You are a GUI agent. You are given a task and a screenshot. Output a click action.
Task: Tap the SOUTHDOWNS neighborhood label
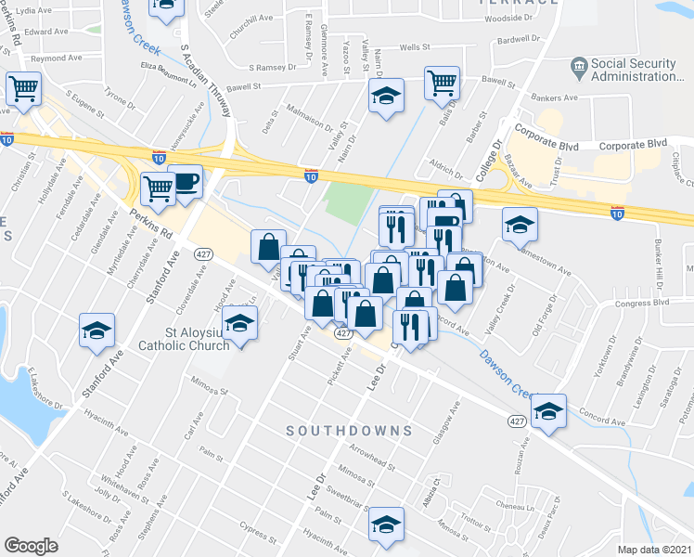point(349,431)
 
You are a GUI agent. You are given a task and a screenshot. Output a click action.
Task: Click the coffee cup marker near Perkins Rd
point(186,181)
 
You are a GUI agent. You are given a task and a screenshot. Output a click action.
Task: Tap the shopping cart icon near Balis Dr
point(443,83)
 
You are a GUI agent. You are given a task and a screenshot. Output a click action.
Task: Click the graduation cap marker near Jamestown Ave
point(519,223)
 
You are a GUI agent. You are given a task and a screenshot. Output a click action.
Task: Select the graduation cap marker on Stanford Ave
point(96,331)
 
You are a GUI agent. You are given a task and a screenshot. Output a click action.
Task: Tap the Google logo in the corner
point(30,546)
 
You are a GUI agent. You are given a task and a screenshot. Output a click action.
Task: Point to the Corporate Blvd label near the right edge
point(634,145)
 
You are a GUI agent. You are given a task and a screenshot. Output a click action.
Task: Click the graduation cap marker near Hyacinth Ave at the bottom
point(386,524)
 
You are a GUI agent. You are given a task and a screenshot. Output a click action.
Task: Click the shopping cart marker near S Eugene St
point(24,88)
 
